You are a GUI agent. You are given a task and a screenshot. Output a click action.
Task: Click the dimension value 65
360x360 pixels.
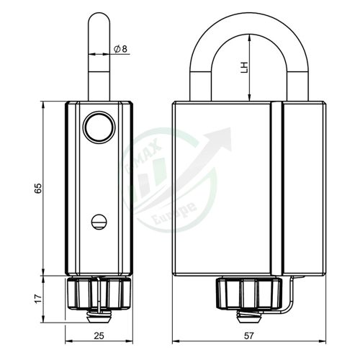pyautogui.click(x=38, y=188)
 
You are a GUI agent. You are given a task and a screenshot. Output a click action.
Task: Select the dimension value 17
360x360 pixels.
pyautogui.click(x=38, y=298)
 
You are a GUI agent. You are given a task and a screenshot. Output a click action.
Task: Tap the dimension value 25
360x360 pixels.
pyautogui.click(x=99, y=336)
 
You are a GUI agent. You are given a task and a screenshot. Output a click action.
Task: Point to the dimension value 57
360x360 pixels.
pyautogui.click(x=248, y=336)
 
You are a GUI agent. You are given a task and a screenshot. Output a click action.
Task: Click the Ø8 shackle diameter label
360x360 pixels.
pyautogui.click(x=120, y=49)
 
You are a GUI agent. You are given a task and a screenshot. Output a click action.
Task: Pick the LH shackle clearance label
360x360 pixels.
pyautogui.click(x=244, y=68)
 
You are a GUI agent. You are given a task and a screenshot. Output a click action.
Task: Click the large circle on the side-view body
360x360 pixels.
pyautogui.click(x=99, y=127)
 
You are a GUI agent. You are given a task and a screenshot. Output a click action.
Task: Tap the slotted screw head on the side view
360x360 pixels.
pyautogui.click(x=99, y=222)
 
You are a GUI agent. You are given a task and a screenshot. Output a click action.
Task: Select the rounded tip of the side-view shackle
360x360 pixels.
pyautogui.click(x=99, y=15)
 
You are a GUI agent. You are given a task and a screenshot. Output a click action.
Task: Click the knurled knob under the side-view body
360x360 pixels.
pyautogui.click(x=99, y=293)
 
